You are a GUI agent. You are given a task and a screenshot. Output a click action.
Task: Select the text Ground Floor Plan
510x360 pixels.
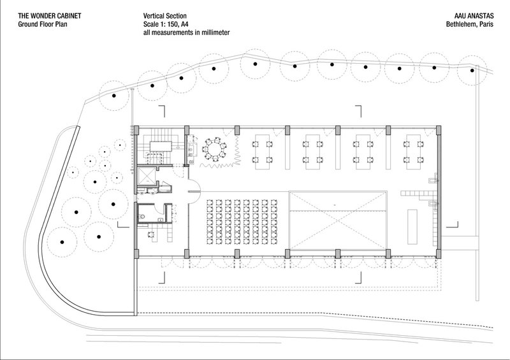[x=43, y=24]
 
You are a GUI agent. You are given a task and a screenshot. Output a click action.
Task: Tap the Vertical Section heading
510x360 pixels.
[x=165, y=15]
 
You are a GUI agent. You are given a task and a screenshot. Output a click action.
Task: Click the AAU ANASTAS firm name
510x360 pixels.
[x=474, y=15]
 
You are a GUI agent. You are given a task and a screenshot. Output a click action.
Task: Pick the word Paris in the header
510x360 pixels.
[x=486, y=24]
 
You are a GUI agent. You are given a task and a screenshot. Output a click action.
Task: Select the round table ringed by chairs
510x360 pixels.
[x=214, y=150]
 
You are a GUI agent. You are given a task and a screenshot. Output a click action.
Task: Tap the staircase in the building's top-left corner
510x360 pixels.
[x=160, y=147]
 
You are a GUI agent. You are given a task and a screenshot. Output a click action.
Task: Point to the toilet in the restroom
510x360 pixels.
[x=142, y=216]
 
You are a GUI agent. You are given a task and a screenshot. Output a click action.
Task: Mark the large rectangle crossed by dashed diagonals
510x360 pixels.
[x=338, y=221]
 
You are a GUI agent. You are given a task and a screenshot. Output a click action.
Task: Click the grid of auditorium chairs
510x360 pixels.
[x=242, y=222]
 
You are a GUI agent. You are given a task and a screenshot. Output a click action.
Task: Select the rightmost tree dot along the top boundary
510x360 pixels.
[x=472, y=70]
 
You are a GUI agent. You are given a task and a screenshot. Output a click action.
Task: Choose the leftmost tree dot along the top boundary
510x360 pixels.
[x=114, y=96]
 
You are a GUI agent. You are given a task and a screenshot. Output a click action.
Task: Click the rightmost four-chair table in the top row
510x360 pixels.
[x=413, y=152]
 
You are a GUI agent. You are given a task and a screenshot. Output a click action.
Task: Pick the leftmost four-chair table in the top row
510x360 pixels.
[x=262, y=152]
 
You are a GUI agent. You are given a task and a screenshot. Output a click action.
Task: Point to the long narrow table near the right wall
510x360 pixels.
[x=412, y=227]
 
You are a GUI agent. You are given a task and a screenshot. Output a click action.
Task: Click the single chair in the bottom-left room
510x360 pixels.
[x=152, y=234]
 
